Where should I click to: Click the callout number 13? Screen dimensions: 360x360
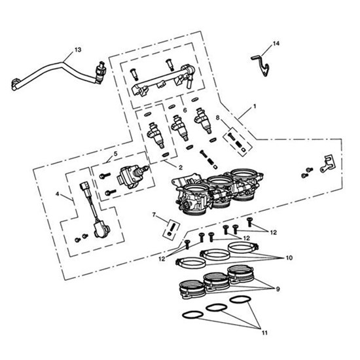click(x=78, y=50)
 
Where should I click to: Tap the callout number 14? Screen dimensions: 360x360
click(x=276, y=44)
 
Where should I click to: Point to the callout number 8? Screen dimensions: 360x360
click(x=219, y=118)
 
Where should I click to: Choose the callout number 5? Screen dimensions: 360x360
click(x=115, y=154)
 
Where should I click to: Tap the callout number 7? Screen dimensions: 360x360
click(x=154, y=215)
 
